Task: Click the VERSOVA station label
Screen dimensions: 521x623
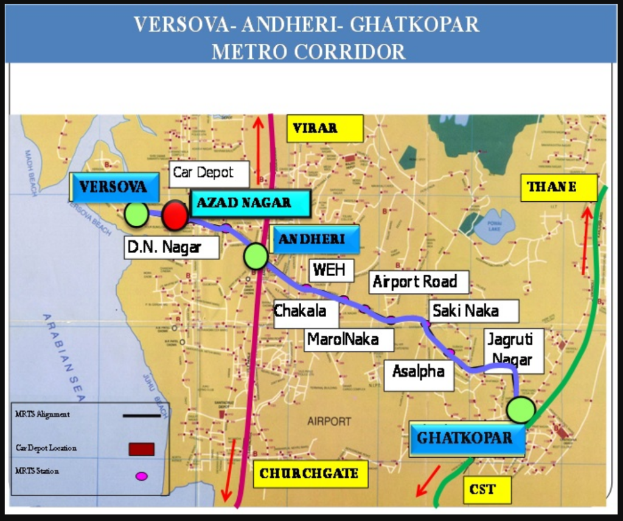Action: click(114, 187)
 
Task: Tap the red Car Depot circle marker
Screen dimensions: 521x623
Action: click(175, 215)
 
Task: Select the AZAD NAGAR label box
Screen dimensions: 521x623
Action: click(250, 203)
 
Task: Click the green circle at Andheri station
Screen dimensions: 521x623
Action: click(256, 256)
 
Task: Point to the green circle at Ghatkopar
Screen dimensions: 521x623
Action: click(521, 410)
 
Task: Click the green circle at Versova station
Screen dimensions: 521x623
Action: click(137, 215)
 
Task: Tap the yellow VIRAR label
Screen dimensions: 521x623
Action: click(325, 128)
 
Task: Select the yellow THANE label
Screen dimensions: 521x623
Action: click(559, 187)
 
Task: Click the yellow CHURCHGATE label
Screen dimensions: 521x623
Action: click(309, 474)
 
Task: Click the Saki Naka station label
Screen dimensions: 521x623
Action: click(473, 311)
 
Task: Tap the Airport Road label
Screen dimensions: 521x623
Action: click(419, 282)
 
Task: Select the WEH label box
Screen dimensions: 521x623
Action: click(331, 270)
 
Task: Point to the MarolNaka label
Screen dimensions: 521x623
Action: click(348, 339)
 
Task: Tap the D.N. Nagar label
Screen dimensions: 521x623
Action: click(171, 247)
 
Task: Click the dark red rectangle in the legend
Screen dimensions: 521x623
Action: click(141, 449)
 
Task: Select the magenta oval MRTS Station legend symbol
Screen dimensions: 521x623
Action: click(141, 475)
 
